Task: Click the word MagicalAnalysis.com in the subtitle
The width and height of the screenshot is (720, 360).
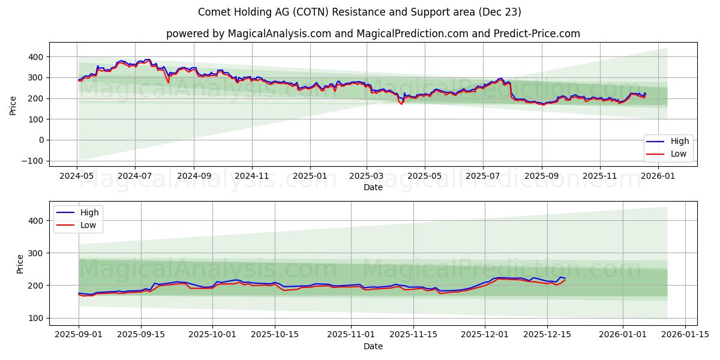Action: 279,34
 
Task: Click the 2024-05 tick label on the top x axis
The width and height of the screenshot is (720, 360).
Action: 77,177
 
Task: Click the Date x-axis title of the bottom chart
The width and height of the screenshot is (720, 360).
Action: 373,346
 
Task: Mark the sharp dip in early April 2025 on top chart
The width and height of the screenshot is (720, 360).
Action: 401,104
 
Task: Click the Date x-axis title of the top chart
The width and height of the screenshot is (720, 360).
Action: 373,187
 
